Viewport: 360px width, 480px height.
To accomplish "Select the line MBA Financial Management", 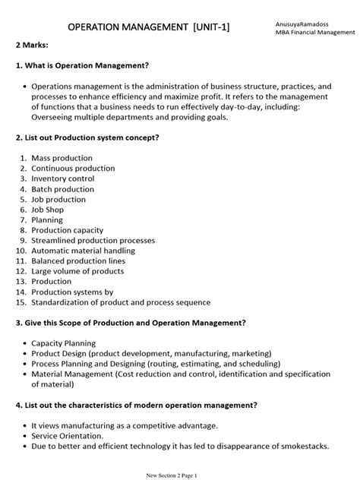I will [x=315, y=33].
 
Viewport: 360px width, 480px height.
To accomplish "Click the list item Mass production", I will [x=63, y=158].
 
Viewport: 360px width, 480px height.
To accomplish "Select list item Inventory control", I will [x=63, y=178].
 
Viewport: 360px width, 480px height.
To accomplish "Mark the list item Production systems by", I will [x=72, y=292].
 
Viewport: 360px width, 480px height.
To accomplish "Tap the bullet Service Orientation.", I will [x=67, y=435].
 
